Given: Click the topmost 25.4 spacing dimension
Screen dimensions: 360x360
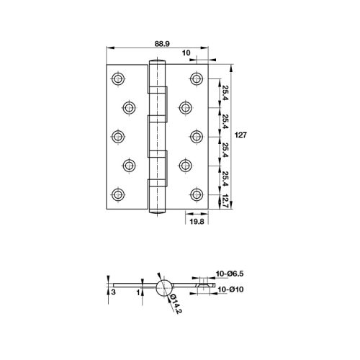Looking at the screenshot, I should point(225,92).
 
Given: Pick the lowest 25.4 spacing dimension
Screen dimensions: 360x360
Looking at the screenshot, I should point(225,178).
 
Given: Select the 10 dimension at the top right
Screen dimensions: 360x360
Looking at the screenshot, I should point(186,53).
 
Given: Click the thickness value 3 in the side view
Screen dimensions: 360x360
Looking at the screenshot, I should point(112,292).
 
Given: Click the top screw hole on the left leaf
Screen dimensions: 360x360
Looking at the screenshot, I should point(117,77).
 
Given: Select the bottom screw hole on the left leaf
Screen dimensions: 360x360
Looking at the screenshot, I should point(117,194).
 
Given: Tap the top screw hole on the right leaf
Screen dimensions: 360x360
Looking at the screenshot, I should point(196,77).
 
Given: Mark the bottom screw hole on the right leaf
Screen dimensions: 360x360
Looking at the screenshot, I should point(196,194).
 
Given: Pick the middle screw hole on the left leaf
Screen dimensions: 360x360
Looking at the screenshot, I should point(117,135).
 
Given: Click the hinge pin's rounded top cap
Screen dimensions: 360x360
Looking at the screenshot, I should point(157,63).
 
